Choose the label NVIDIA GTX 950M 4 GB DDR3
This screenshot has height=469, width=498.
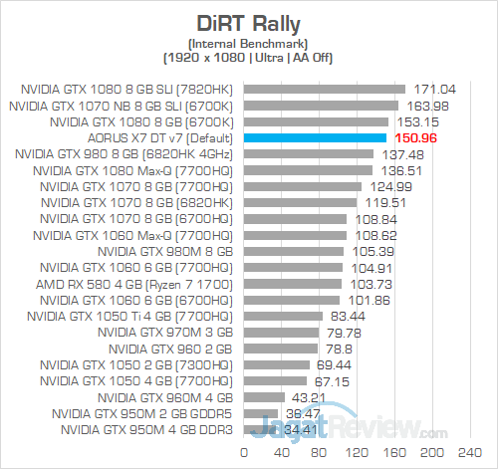(148, 430)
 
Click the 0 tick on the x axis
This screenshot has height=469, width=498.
(243, 454)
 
